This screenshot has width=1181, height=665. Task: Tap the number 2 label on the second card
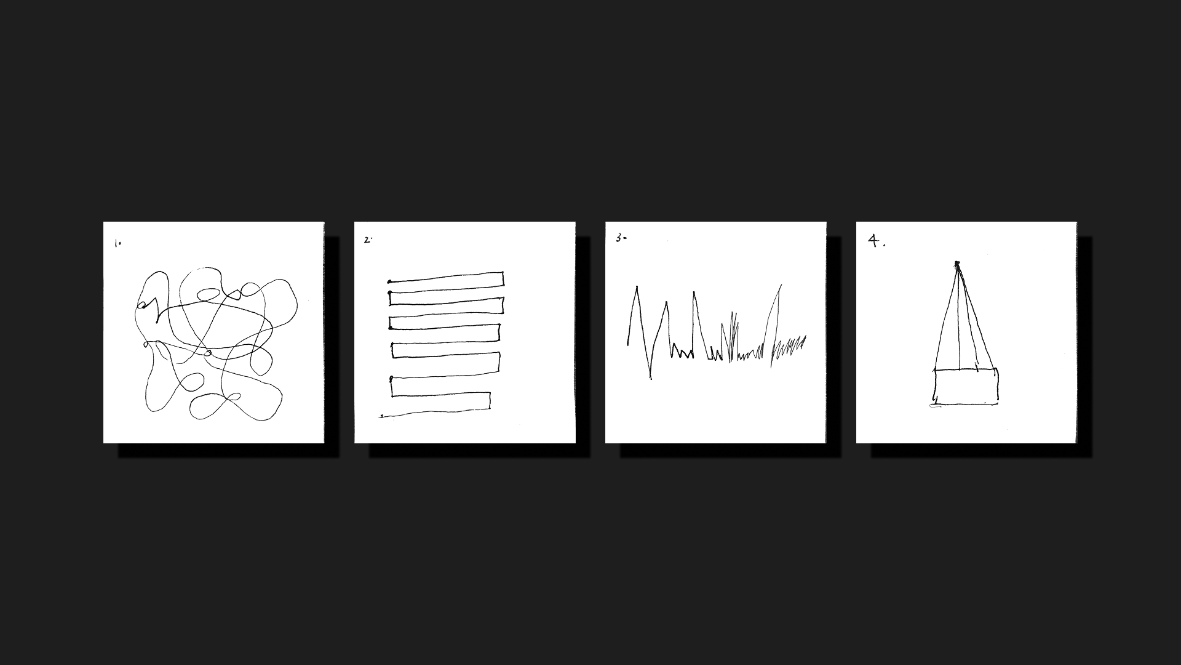[368, 240]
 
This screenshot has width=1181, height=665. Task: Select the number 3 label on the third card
[621, 238]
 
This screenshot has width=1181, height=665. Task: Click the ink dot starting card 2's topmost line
[390, 282]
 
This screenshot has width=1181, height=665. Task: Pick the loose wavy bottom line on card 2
[435, 411]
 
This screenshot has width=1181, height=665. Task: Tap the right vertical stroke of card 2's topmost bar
[503, 279]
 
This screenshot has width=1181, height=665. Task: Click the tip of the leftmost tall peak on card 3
[637, 287]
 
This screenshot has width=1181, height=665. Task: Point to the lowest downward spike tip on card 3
[651, 377]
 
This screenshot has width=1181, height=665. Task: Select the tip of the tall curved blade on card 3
[781, 285]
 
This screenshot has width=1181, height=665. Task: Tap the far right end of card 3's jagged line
[805, 337]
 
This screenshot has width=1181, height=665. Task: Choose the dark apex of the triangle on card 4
[957, 264]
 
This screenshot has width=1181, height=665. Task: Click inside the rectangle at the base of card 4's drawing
[966, 387]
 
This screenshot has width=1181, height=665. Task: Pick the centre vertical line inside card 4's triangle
[960, 317]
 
